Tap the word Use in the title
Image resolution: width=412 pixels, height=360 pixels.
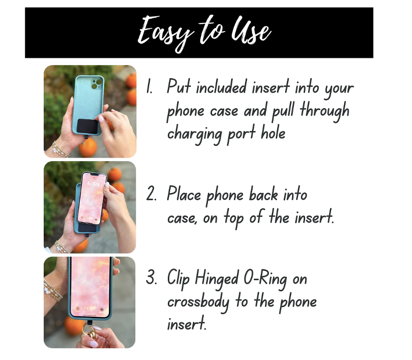251,31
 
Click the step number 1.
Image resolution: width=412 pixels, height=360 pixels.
149,86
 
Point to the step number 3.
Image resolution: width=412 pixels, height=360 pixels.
151,277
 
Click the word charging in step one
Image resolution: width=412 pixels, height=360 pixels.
194,134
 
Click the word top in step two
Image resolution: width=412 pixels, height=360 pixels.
234,218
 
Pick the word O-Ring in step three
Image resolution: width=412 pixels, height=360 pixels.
265,279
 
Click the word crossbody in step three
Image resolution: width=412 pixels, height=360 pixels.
199,302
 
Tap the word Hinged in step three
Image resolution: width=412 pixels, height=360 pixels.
217,279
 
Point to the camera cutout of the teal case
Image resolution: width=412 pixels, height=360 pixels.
96,84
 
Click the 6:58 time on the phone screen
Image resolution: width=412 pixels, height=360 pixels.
94,183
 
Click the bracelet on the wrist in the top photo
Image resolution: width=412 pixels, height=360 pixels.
60,150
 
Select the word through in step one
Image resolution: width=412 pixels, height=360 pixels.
325,110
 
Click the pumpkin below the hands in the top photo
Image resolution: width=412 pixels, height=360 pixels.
88,147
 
